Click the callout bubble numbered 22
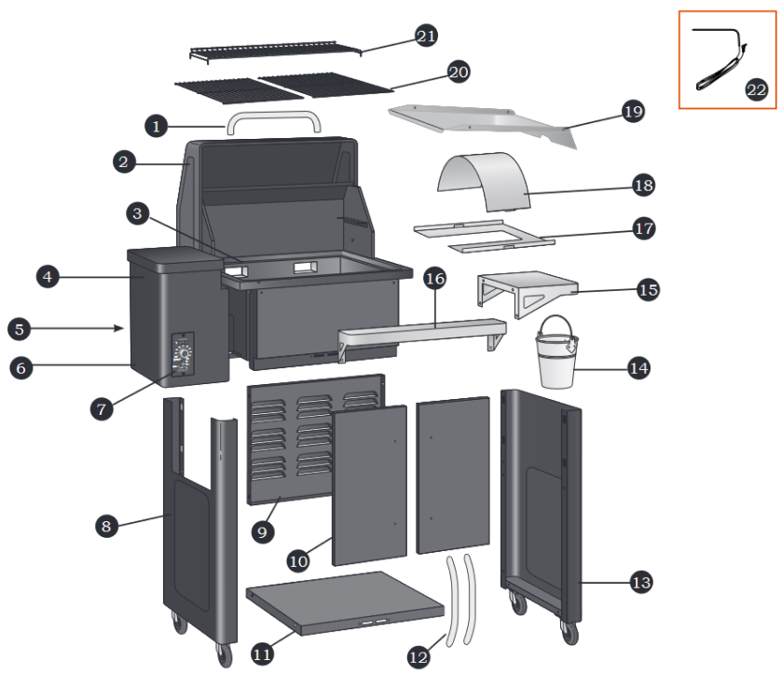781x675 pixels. pyautogui.click(x=756, y=90)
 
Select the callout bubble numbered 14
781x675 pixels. pyautogui.click(x=637, y=367)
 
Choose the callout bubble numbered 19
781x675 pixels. pyautogui.click(x=633, y=112)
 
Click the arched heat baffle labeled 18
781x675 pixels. pyautogui.click(x=485, y=183)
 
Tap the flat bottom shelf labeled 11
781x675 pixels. pyautogui.click(x=345, y=602)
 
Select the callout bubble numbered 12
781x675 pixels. pyautogui.click(x=418, y=656)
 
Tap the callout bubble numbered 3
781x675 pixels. pyautogui.click(x=138, y=214)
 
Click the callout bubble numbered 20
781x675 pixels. pyautogui.click(x=458, y=72)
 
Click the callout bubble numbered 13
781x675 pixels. pyautogui.click(x=640, y=583)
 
